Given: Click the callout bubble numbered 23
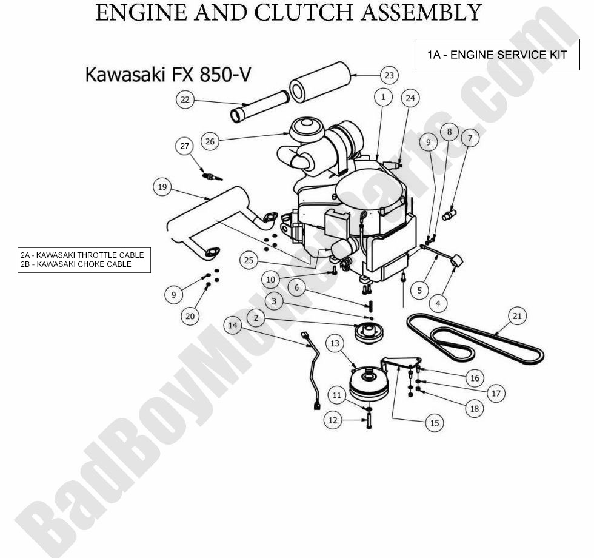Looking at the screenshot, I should tap(389, 75).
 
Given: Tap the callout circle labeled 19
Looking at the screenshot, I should tap(162, 187).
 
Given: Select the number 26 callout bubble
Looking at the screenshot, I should tap(210, 141).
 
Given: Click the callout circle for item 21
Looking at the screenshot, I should tap(516, 315).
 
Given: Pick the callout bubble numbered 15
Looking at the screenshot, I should tap(434, 423).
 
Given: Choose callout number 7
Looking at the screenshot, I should tap(470, 138).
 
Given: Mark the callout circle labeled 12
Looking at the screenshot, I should tap(332, 420).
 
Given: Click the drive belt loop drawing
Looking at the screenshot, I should tap(473, 341).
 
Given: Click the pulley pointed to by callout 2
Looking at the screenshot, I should tap(369, 334).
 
